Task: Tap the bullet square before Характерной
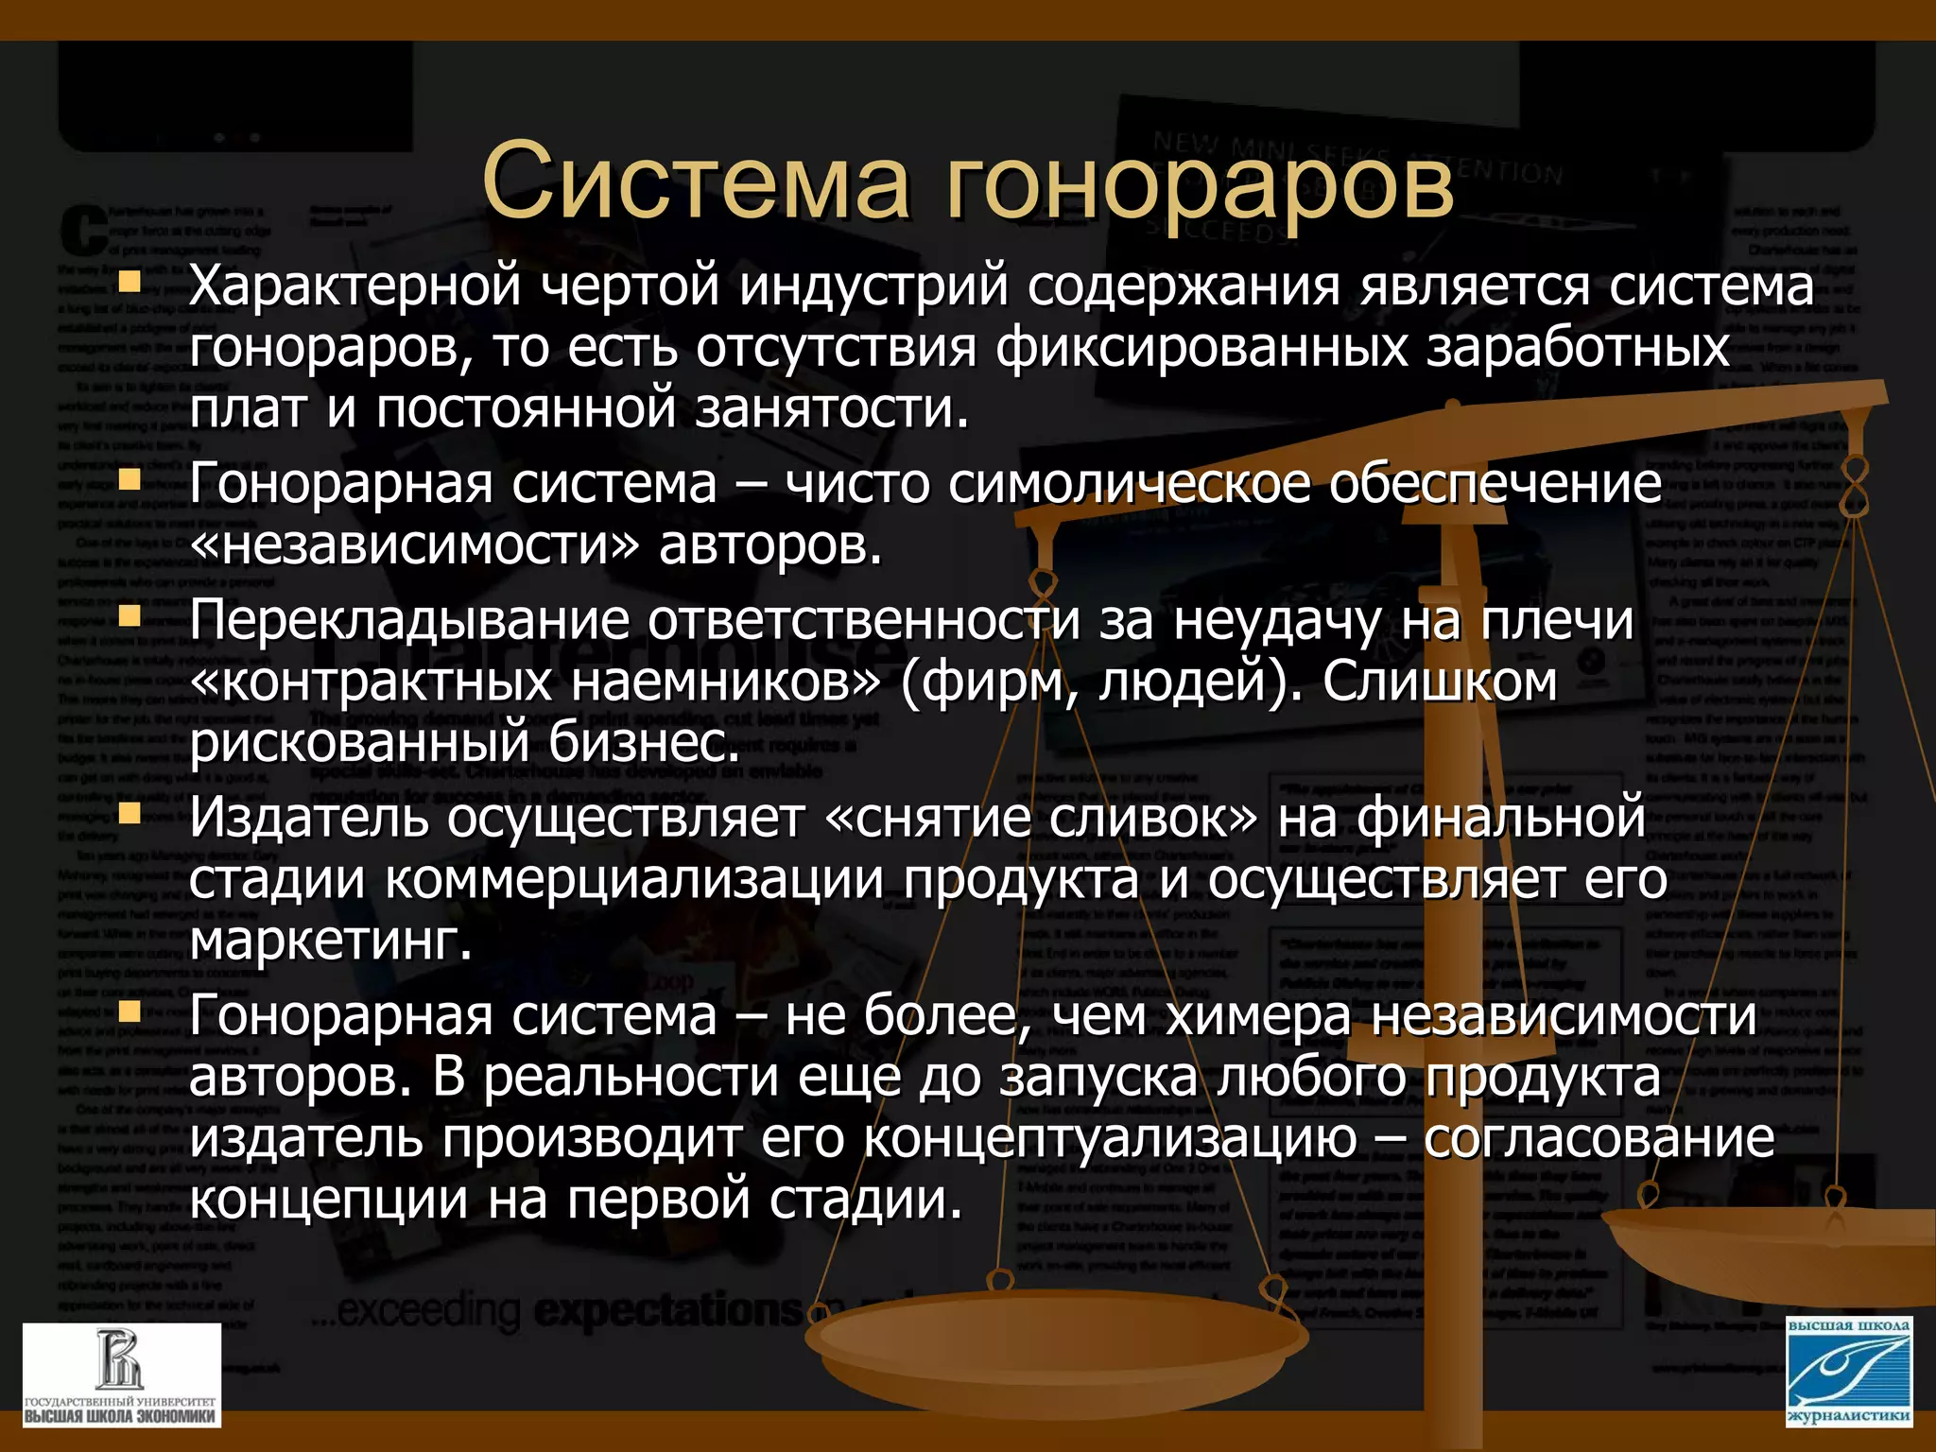(x=130, y=282)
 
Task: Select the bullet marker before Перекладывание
(x=130, y=617)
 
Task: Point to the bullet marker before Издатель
(x=130, y=814)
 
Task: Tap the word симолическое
(x=1129, y=484)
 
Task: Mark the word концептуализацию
(x=1110, y=1139)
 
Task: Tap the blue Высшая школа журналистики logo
(x=1848, y=1372)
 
